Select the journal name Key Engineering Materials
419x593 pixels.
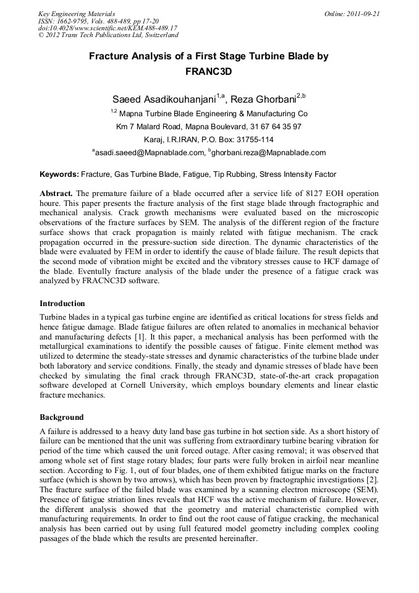coord(77,13)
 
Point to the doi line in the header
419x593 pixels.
coord(108,28)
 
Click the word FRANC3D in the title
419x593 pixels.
coord(209,71)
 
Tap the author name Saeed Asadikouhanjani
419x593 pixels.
coord(164,99)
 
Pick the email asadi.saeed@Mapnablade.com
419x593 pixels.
coord(148,152)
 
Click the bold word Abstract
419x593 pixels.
coord(56,193)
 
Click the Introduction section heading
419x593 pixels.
coord(62,304)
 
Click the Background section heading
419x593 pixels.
coord(62,417)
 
